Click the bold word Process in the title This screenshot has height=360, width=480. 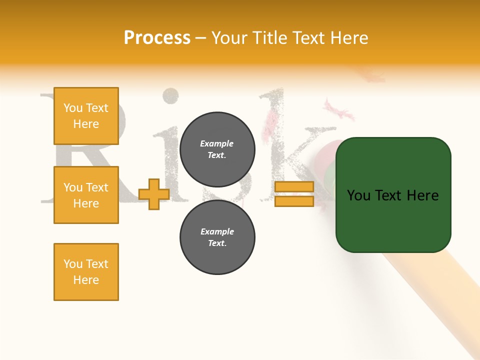coord(157,38)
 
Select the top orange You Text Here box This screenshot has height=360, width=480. coord(86,116)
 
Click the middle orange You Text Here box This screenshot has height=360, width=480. coord(86,195)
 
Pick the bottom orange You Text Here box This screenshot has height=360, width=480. coord(86,272)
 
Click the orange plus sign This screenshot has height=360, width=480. coord(153,194)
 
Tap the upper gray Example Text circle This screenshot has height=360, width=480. coord(217,149)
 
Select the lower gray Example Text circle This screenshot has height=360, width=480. coord(217,237)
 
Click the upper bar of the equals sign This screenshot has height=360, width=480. coord(294,187)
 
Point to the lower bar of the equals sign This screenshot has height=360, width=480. coord(294,201)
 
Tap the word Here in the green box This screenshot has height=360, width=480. coord(422,195)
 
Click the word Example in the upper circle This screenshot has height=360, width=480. coord(217,143)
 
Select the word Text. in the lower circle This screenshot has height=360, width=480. coord(217,243)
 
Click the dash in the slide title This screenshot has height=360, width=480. coord(200,38)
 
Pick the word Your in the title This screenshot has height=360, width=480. coord(229,38)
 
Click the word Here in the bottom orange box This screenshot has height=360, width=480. coord(86,280)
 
